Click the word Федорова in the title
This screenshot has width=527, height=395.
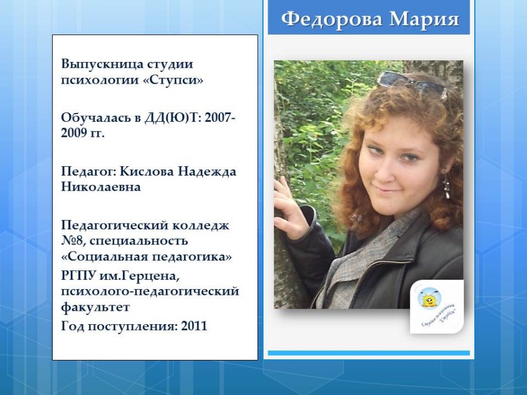coord(332,19)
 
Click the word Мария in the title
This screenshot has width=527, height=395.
coord(425,19)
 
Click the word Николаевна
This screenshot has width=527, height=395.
coord(101,187)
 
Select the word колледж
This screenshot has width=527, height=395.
coord(201,225)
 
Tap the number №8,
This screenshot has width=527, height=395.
coord(74,241)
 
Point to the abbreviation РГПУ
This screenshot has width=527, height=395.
coord(78,276)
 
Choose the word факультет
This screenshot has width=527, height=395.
coord(95,307)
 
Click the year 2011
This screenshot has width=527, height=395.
coord(194,326)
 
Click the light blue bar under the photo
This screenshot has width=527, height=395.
coord(369,353)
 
